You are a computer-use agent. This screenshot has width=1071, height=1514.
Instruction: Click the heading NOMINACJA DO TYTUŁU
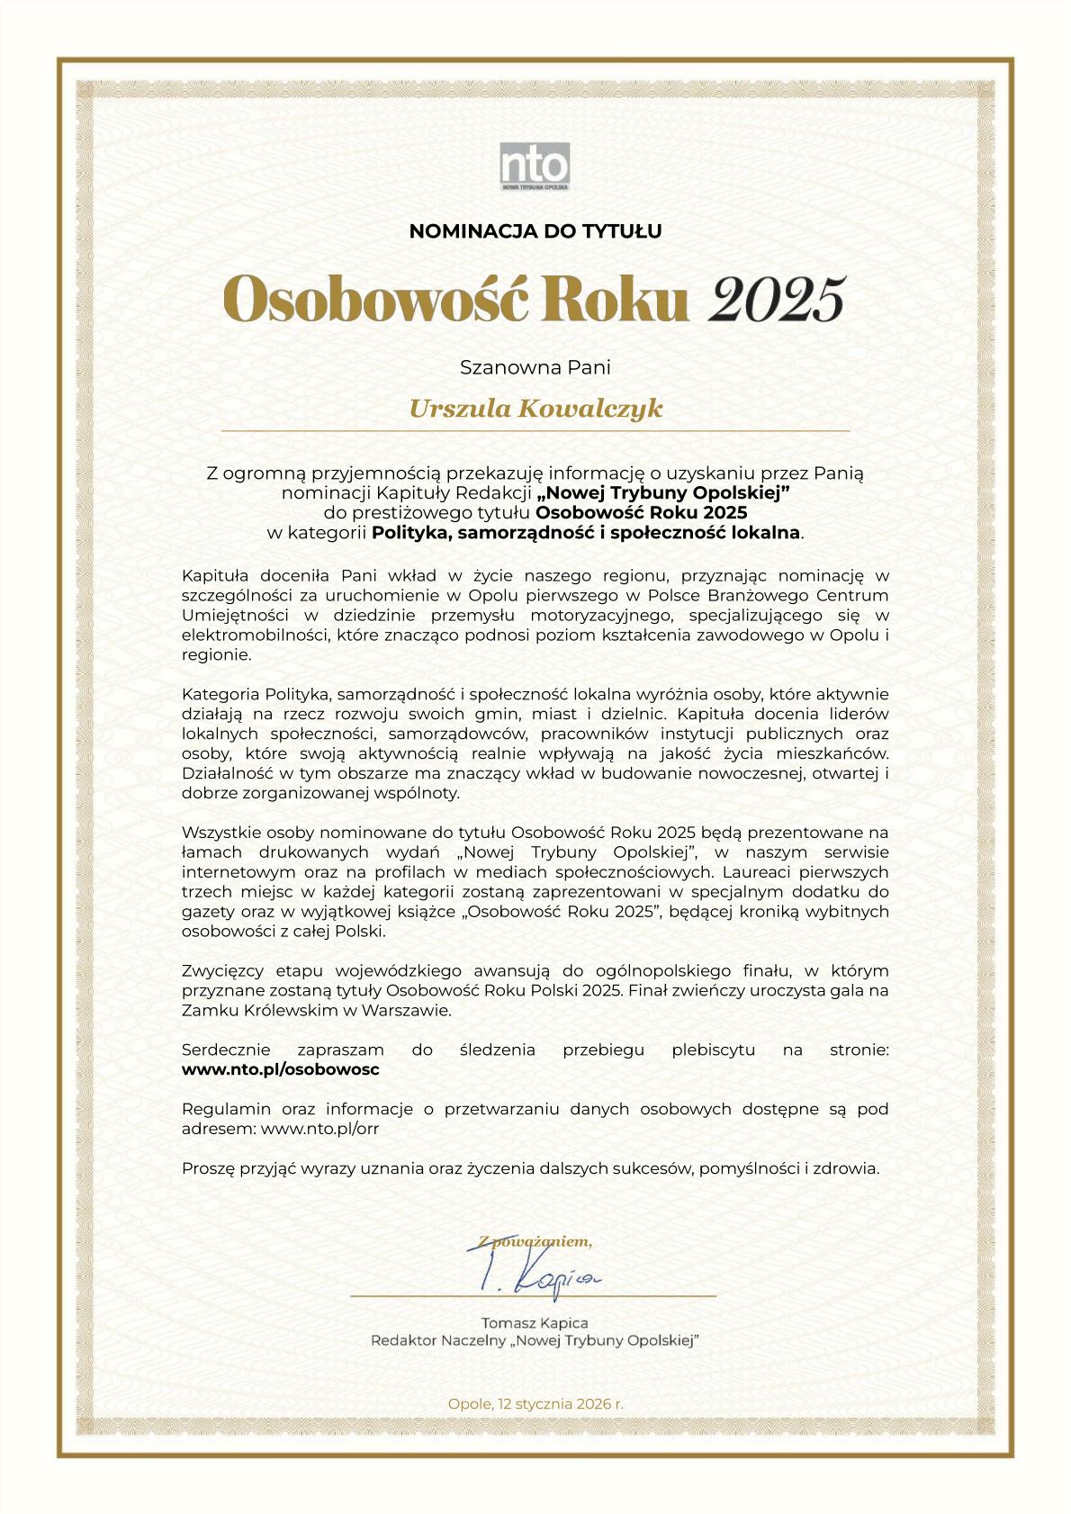(535, 231)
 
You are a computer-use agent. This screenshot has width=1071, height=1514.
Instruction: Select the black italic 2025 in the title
(777, 299)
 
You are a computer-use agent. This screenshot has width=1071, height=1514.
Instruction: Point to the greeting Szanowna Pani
(535, 367)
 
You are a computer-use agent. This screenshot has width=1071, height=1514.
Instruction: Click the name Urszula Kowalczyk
(535, 409)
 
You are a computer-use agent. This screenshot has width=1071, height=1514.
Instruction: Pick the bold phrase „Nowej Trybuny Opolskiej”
(663, 492)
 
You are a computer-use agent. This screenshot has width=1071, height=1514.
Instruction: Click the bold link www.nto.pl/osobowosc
(280, 1069)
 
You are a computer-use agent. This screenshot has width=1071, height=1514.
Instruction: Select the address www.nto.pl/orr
(319, 1129)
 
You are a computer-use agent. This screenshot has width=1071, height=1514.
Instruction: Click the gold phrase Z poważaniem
(535, 1242)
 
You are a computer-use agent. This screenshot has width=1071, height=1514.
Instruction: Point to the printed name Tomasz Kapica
(535, 1322)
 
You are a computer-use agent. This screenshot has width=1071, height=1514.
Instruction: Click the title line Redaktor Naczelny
(535, 1341)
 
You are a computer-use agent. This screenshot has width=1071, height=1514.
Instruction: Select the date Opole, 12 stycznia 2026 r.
(535, 1403)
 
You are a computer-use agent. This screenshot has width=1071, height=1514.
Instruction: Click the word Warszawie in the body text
(405, 1010)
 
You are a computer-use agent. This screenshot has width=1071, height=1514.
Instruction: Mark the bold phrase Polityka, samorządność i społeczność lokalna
(586, 532)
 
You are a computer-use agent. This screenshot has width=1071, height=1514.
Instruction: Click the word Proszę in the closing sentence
(207, 1168)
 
